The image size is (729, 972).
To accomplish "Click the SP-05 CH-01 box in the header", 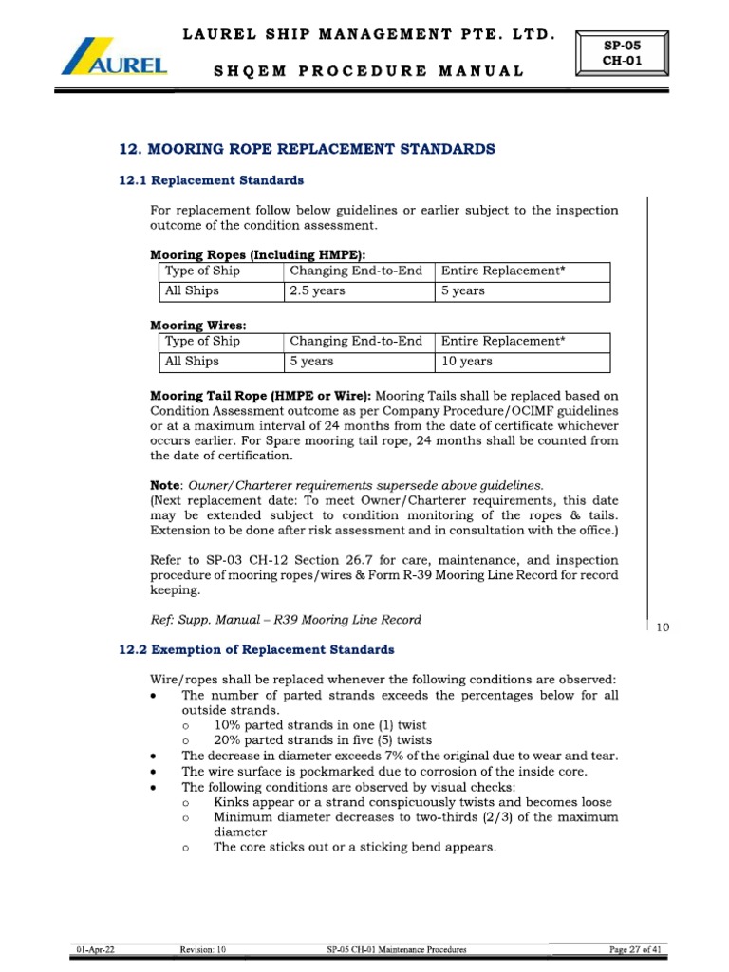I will pos(622,52).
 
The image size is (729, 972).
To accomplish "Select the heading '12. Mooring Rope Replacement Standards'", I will pos(307,149).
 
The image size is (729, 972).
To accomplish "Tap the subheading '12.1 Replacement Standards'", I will pos(211,179).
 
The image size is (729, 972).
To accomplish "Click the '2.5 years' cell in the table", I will pos(318,291).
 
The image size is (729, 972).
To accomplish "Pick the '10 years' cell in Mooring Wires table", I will pos(466,362).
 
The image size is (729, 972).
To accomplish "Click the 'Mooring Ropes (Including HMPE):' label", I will pos(257,255).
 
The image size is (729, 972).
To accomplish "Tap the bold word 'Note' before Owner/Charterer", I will pos(167,484).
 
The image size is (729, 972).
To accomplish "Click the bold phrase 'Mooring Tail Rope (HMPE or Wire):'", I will pos(261,395).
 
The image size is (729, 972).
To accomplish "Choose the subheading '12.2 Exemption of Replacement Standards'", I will pos(255,649).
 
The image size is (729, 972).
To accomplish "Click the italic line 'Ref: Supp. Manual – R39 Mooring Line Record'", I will pos(286,620).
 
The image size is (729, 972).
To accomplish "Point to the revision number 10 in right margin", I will pos(664,627).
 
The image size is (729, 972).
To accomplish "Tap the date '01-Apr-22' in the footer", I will pos(97,949).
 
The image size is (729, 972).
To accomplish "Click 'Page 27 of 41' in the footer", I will pos(636,949).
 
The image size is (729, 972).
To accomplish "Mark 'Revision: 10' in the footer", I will pos(202,949).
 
